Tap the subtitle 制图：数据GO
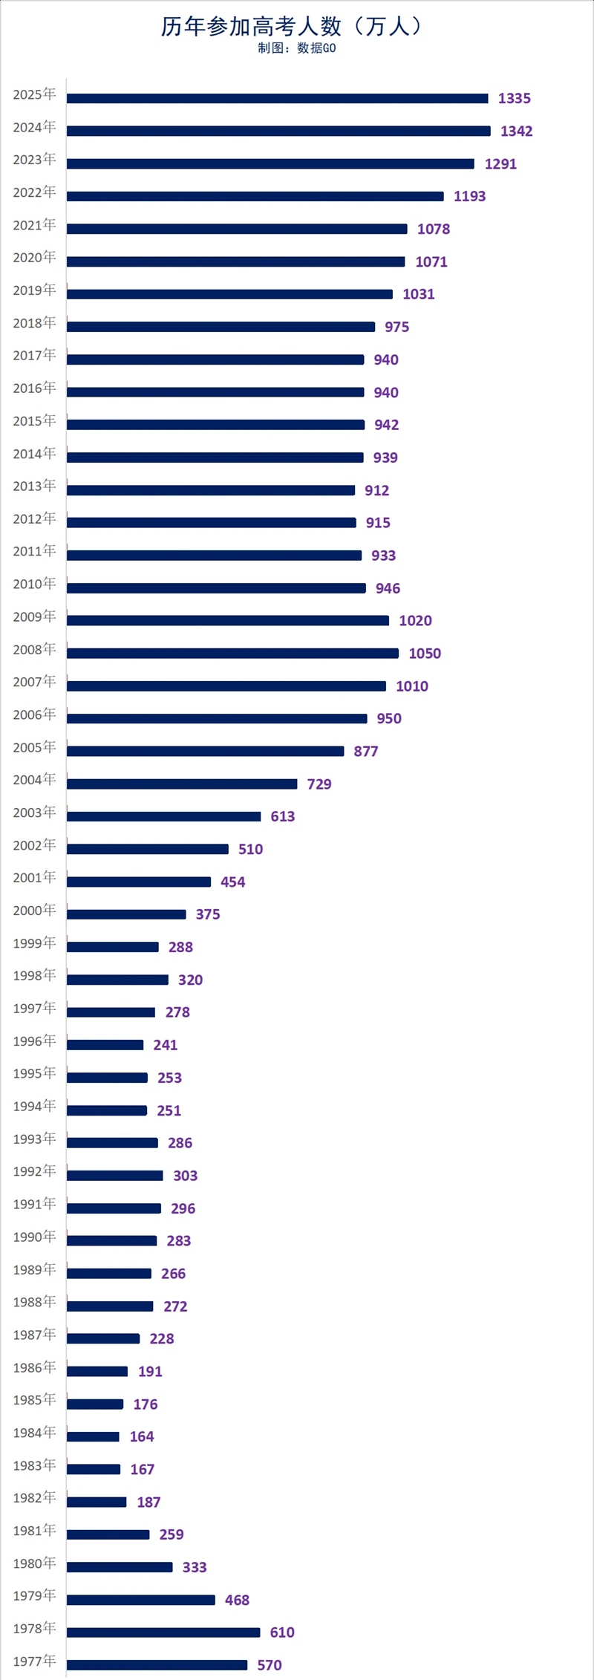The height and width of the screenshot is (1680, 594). point(296,49)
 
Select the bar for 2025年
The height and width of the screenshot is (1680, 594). point(277,98)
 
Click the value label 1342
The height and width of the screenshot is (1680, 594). point(516,131)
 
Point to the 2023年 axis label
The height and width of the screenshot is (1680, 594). point(34,160)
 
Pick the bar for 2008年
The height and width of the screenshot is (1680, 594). point(232,654)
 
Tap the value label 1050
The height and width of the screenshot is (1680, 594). point(425,654)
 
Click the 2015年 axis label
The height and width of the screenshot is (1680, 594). point(34,421)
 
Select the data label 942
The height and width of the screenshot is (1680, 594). point(386,425)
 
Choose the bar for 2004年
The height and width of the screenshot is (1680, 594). point(182,784)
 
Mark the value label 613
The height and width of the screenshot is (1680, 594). point(282,817)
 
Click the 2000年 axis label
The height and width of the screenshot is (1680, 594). point(34,911)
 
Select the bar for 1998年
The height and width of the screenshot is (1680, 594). point(117,980)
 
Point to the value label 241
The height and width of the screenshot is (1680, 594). point(165,1045)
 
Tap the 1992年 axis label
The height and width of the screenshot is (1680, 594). point(34,1171)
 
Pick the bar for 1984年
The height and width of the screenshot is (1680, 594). point(93,1437)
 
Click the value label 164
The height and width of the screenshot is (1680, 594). point(141,1437)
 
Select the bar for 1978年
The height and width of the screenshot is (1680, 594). point(163,1632)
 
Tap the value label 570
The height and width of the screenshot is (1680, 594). point(269,1665)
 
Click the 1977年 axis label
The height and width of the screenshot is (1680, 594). point(34,1661)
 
